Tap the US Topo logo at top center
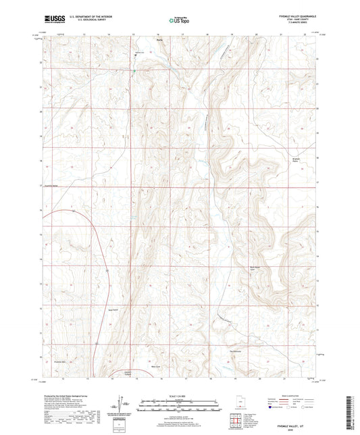pyautogui.click(x=178, y=21)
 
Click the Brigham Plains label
pyautogui.click(x=287, y=161)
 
